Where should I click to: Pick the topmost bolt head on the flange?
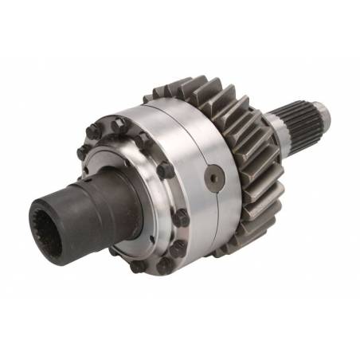115,123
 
